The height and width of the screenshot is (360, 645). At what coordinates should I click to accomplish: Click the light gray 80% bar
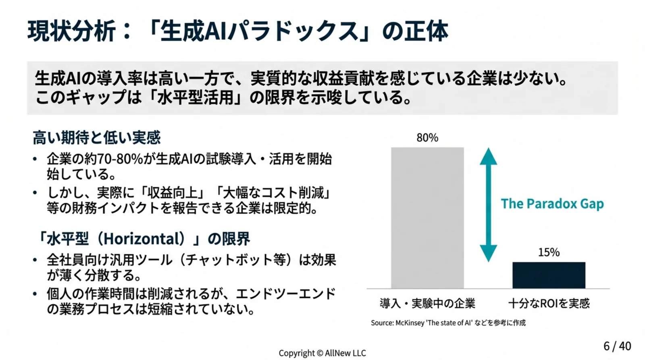click(x=427, y=218)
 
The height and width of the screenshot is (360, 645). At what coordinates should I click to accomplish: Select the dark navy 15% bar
click(x=549, y=275)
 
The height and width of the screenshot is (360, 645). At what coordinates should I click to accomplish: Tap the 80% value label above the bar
click(x=427, y=138)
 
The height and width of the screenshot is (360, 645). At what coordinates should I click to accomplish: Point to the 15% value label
click(x=549, y=252)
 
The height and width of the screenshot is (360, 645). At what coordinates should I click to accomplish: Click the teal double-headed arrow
click(x=488, y=205)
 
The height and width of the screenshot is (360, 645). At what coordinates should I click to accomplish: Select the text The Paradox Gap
click(x=552, y=204)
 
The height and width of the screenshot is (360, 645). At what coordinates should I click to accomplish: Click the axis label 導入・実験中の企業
click(x=427, y=303)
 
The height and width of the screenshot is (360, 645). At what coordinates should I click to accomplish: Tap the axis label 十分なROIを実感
click(x=549, y=303)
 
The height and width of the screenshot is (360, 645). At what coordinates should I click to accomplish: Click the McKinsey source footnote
click(x=448, y=323)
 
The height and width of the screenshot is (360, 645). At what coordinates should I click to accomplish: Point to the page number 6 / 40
click(x=617, y=346)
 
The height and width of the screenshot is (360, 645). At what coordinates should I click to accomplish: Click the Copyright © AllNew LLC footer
click(x=322, y=353)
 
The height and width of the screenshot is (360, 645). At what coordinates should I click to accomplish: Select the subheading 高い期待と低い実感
click(x=96, y=138)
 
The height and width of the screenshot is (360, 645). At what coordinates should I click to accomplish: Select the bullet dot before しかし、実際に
click(x=35, y=193)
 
